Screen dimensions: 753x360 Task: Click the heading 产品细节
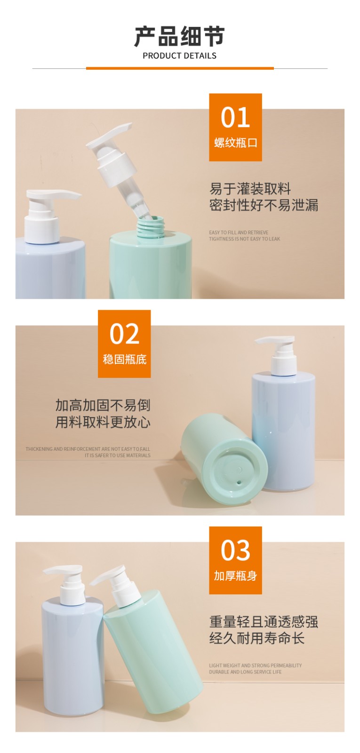pos(179,36)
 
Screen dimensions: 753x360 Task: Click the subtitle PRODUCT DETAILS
pos(179,56)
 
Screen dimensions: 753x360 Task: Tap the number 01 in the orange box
pos(235,117)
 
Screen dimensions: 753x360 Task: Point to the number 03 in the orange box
pos(235,550)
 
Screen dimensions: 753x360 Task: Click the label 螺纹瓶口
pos(235,143)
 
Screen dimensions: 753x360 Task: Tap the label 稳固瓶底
pos(124,360)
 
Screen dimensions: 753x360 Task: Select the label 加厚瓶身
pos(235,576)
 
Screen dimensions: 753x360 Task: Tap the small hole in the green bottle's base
pos(239,482)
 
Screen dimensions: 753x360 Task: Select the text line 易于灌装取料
pos(250,189)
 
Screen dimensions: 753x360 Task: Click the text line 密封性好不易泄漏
pos(264,205)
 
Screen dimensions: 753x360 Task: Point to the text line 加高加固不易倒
pos(103,405)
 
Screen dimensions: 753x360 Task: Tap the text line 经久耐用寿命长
pos(256,638)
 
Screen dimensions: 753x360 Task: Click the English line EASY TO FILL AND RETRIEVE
pos(239,232)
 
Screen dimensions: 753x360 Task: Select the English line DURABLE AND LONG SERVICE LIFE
pos(245,672)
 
